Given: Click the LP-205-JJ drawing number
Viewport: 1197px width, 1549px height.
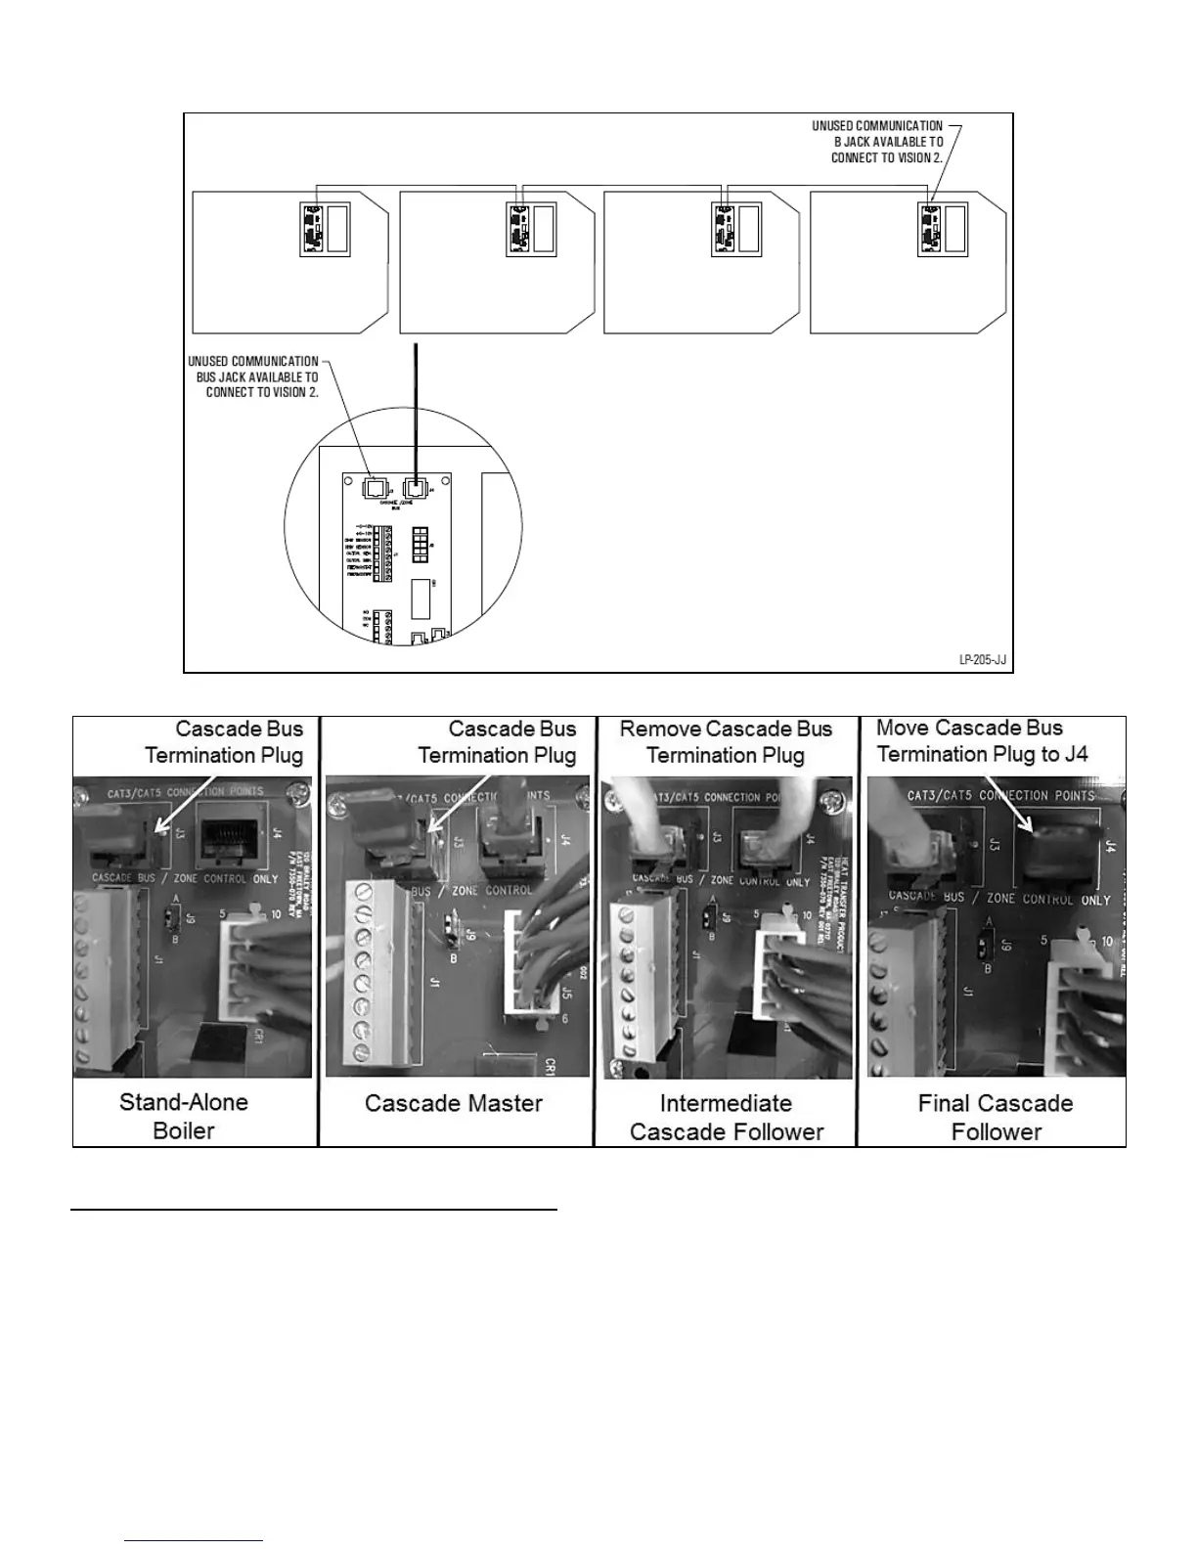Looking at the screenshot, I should (x=982, y=660).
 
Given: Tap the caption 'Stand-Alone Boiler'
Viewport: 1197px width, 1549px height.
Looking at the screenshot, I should (x=184, y=1116).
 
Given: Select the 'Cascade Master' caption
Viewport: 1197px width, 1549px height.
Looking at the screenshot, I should (x=454, y=1103).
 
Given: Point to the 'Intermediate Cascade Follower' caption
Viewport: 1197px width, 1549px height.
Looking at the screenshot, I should (x=727, y=1117).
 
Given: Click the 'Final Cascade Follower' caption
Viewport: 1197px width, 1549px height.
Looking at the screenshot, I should (x=996, y=1117).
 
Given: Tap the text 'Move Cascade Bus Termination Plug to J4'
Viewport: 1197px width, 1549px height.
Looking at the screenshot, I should (x=982, y=740).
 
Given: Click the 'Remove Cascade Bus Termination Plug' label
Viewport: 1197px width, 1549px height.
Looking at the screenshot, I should (x=726, y=741).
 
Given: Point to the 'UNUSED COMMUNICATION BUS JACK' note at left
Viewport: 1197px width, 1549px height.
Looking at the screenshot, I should (x=254, y=376).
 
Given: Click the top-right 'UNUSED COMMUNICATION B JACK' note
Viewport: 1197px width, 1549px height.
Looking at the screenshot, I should (x=877, y=141).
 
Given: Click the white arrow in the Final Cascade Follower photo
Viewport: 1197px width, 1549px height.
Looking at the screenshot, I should (x=1006, y=802).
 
